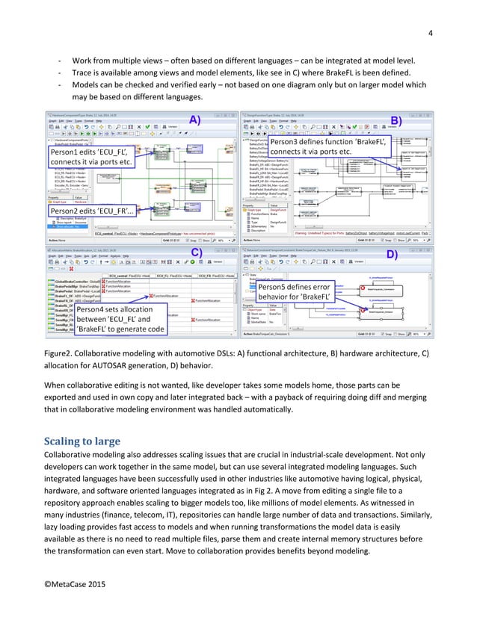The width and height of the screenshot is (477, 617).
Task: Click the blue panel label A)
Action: (x=194, y=120)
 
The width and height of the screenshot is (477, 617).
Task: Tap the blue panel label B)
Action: (x=396, y=120)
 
